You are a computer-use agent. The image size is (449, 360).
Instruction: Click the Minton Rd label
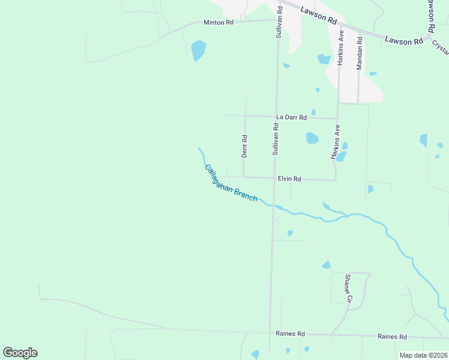[x=218, y=22]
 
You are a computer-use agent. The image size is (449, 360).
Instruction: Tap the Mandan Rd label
[x=360, y=54]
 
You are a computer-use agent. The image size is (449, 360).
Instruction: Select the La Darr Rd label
[x=291, y=117]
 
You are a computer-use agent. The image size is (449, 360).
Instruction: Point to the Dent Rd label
[x=244, y=146]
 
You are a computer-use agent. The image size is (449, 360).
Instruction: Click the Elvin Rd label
[x=289, y=179]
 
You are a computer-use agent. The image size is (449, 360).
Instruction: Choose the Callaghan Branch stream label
[x=231, y=184]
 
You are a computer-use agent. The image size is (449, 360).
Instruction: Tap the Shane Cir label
[x=347, y=287]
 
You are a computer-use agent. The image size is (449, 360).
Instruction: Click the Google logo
[x=20, y=353]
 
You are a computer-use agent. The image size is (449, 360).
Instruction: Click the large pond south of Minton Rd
[x=198, y=50]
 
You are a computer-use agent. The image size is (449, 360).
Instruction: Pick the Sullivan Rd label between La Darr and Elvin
[x=276, y=140]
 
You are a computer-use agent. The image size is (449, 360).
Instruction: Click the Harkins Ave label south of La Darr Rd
[x=336, y=142]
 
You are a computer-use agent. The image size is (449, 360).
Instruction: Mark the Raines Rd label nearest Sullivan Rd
[x=291, y=334]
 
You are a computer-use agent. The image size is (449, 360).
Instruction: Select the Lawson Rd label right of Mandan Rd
[x=403, y=41]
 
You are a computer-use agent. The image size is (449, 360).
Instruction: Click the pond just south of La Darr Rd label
[x=312, y=138]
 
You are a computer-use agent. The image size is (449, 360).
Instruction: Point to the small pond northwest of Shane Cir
[x=326, y=265]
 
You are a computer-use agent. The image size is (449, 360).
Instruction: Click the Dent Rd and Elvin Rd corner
[x=243, y=177]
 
